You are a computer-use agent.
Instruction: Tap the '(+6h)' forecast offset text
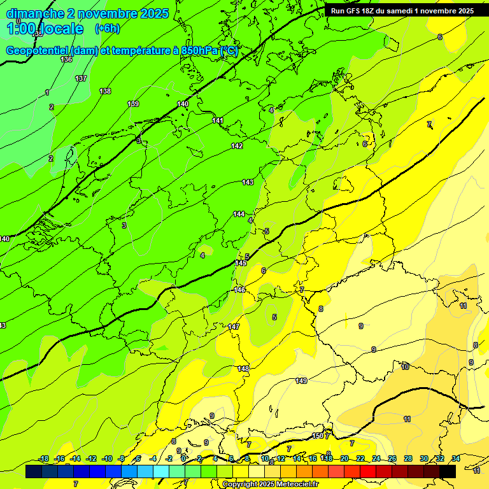pos(107,29)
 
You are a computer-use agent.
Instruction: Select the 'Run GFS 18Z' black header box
pos(402,11)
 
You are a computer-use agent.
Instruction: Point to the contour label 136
pos(66,59)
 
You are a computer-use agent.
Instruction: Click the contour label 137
pos(81,78)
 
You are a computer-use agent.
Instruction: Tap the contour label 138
pos(105,91)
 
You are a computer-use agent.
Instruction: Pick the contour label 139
pos(133,104)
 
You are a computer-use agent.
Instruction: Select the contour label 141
pos(218,120)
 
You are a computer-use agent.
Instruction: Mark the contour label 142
pos(237,146)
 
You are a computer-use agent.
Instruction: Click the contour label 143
pos(248,182)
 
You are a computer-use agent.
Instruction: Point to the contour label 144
pos(239,214)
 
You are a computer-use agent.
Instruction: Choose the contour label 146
pos(239,290)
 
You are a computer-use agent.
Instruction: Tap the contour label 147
pos(234,327)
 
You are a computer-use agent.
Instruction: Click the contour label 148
pos(243,369)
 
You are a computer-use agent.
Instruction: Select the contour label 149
pos(301,381)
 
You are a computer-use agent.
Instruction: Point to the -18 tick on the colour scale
pos(44,458)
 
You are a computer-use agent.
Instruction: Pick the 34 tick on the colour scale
pos(456,458)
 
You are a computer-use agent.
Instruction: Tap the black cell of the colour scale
pos(448,471)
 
